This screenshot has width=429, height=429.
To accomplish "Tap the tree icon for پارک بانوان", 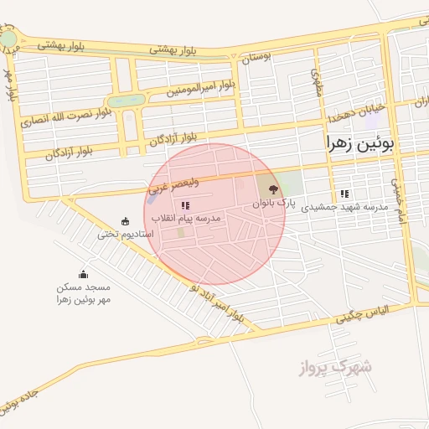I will pos(273,190).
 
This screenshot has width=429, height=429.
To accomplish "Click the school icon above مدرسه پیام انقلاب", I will pos(185,205).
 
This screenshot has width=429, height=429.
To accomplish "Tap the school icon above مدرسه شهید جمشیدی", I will pos(344,194).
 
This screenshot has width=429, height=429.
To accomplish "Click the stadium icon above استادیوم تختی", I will pos(126,221).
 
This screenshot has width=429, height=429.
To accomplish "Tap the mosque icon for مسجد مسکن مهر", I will pos(83,274).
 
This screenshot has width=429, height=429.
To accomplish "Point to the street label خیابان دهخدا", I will pos(359,110).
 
